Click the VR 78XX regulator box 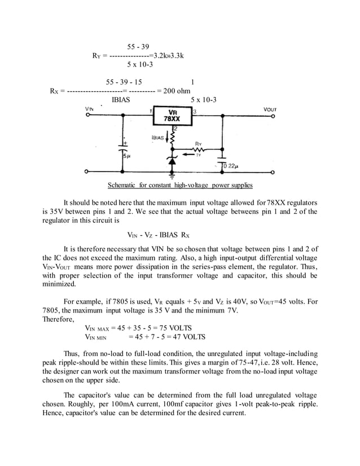point(172,116)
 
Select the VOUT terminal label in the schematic point(270,109)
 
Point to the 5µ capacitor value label point(128,156)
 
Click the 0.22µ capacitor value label point(230,166)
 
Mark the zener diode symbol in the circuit point(172,161)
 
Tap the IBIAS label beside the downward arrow point(159,137)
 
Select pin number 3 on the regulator point(195,112)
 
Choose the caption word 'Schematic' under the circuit point(122,185)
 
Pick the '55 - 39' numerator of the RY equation point(138,47)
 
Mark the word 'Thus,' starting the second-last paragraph point(73,352)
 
